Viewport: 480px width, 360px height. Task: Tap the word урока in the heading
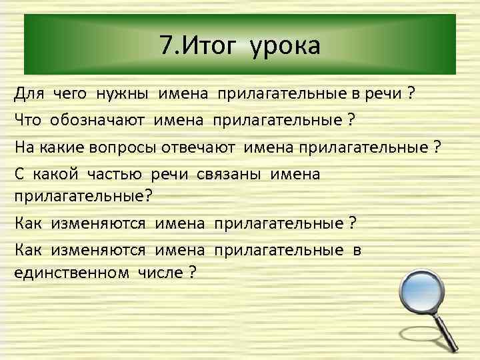[x=286, y=47]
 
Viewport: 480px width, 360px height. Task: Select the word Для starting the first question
[x=28, y=94]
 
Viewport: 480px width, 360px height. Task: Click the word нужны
[x=124, y=94]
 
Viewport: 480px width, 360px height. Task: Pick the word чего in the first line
[x=70, y=94]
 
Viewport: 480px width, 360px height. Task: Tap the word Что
[x=27, y=121]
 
